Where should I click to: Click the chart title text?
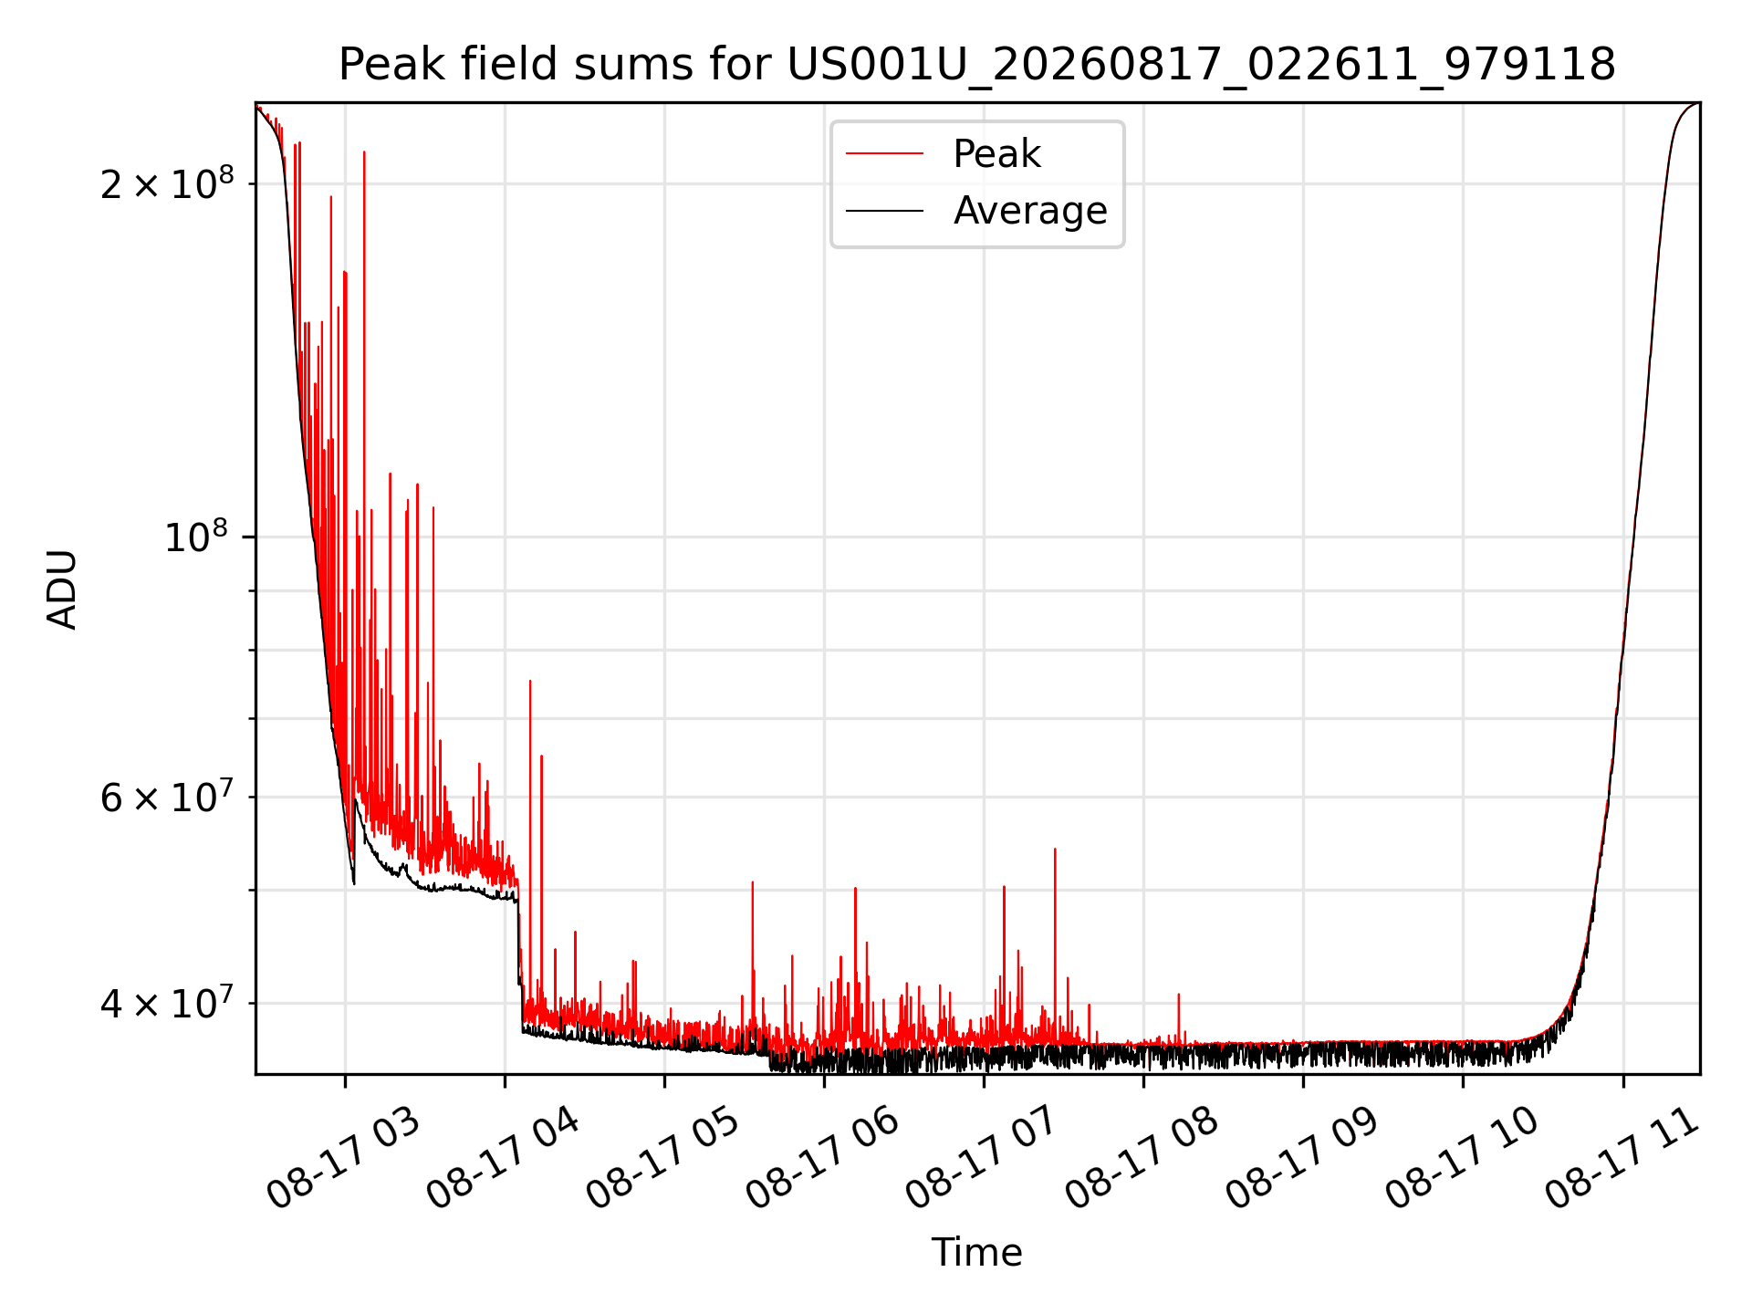[977, 65]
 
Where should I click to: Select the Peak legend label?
[996, 154]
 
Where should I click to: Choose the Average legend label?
[1030, 211]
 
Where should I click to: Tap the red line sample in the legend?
[884, 153]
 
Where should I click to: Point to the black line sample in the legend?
[884, 211]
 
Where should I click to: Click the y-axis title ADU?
[62, 589]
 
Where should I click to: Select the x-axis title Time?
[976, 1253]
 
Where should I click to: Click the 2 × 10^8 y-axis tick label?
[167, 183]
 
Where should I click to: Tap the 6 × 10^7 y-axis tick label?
[167, 797]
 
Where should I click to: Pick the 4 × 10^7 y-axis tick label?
[167, 1003]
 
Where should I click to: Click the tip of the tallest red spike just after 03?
[364, 151]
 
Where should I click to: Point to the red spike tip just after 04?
[530, 681]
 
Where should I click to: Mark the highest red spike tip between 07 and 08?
[1055, 849]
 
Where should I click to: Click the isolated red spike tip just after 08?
[1178, 994]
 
